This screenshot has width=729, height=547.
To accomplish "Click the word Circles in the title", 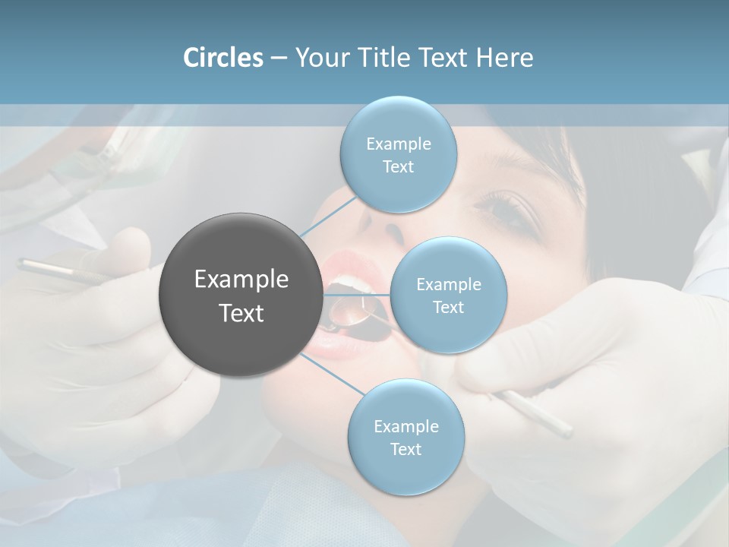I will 222,58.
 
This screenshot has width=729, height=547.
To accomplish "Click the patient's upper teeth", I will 354,284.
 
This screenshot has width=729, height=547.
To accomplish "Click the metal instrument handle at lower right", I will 539,414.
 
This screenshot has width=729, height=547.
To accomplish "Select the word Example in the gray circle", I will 241,280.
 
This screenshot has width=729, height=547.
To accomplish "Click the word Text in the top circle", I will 398,167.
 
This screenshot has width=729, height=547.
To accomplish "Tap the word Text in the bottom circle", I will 406,450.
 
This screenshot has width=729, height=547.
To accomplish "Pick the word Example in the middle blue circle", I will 448,285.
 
